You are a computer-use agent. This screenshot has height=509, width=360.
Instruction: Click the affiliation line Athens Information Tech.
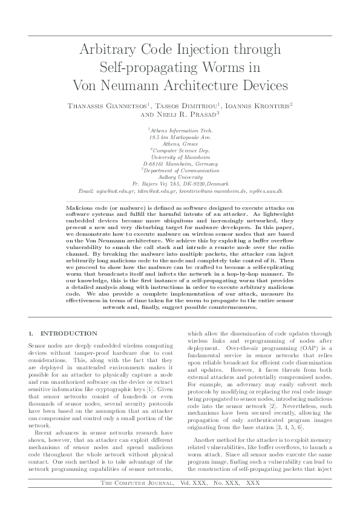tap(180, 130)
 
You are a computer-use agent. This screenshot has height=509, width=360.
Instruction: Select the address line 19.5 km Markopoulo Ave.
tap(180, 137)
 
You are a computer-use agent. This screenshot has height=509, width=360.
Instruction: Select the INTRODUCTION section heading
tap(68, 334)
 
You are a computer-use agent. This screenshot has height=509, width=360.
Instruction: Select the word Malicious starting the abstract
tap(83, 207)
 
